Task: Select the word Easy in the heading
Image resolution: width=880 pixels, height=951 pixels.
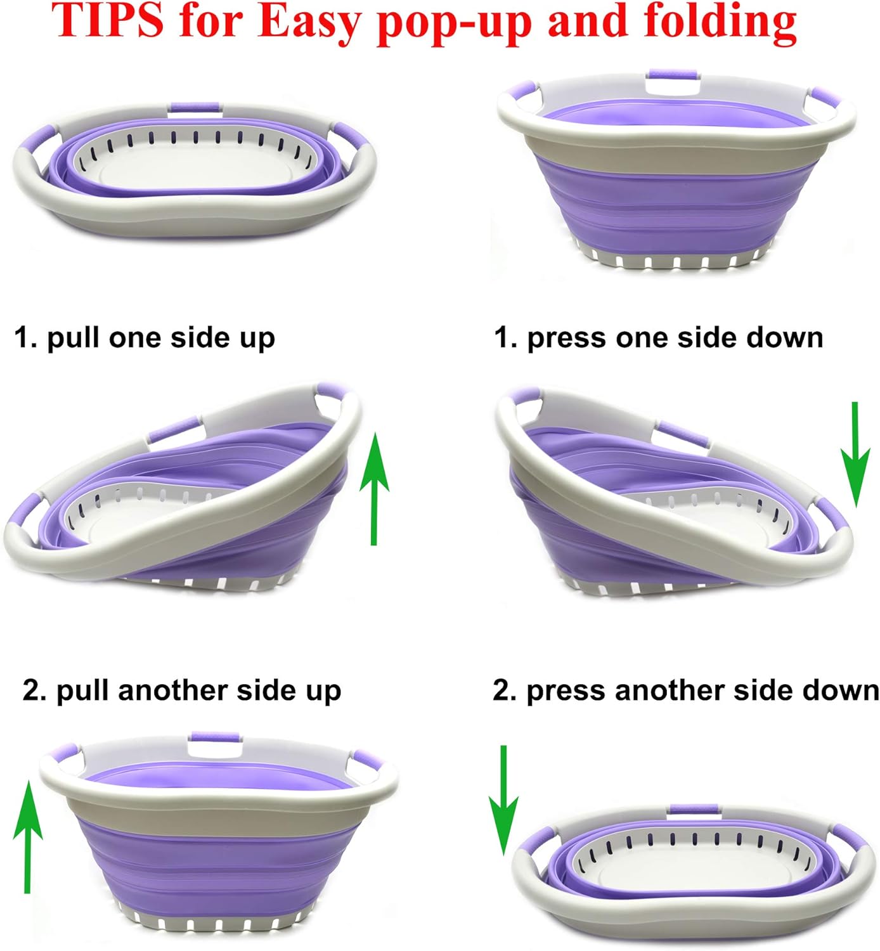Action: tap(309, 24)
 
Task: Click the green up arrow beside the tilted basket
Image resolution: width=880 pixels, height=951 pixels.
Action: tap(374, 489)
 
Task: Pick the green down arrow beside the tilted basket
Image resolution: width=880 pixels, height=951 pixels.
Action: tap(855, 455)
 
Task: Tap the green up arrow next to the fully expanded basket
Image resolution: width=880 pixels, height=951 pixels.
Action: tap(28, 836)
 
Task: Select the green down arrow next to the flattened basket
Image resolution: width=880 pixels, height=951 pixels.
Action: tap(503, 799)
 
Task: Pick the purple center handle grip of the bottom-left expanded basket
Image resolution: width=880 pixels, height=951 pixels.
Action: tap(215, 736)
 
